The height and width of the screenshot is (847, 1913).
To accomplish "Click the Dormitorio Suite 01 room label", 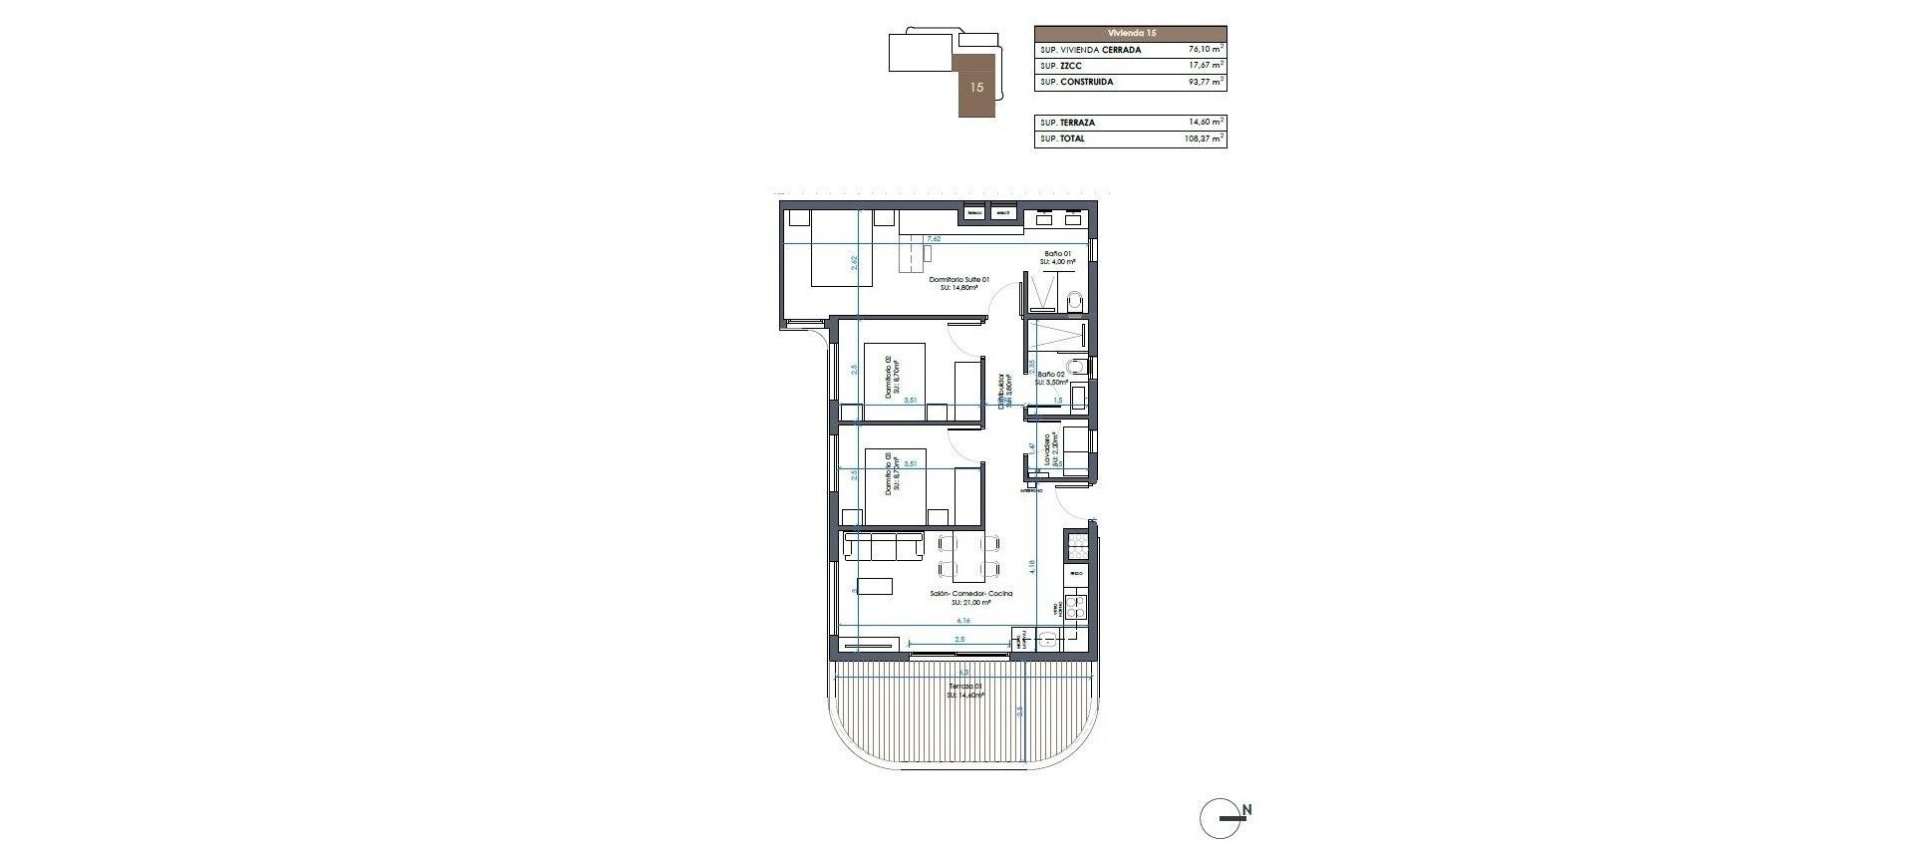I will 262,284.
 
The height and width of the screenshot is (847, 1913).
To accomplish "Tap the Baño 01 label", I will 1057,257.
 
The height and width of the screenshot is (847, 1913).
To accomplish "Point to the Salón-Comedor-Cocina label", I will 260,597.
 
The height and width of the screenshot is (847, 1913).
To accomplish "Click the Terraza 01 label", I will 268,691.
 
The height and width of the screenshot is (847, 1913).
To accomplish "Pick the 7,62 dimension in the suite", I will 236,239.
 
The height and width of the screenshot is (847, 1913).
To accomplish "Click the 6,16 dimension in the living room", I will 265,620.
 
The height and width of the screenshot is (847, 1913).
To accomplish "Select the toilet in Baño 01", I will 1074,300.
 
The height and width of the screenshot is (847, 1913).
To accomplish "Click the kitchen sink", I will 1048,643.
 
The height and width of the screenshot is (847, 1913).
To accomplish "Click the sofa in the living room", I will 185,546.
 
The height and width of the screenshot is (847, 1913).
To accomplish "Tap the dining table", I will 271,558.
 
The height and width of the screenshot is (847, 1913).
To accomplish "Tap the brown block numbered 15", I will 976,87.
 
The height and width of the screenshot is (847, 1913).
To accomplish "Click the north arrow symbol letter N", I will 1246,810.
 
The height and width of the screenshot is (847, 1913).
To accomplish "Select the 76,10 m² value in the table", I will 1206,49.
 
